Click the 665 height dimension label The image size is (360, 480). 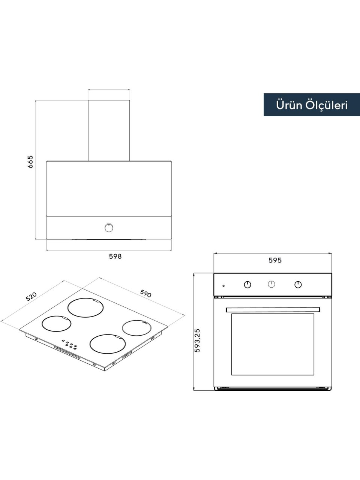click(x=30, y=162)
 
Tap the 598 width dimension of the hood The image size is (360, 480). click(x=115, y=256)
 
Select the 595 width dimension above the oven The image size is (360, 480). click(x=275, y=260)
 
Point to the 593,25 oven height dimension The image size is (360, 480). click(x=197, y=343)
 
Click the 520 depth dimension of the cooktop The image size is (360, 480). click(x=31, y=297)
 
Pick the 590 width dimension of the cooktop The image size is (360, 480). click(x=145, y=293)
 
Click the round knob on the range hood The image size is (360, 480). click(x=109, y=228)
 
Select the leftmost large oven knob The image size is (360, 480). click(x=247, y=285)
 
